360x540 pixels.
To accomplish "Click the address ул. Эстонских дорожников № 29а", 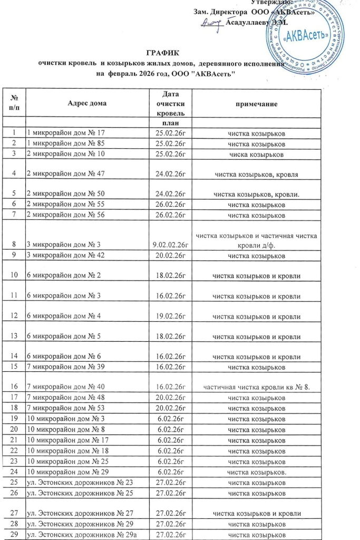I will pyautogui.click(x=75, y=535).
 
